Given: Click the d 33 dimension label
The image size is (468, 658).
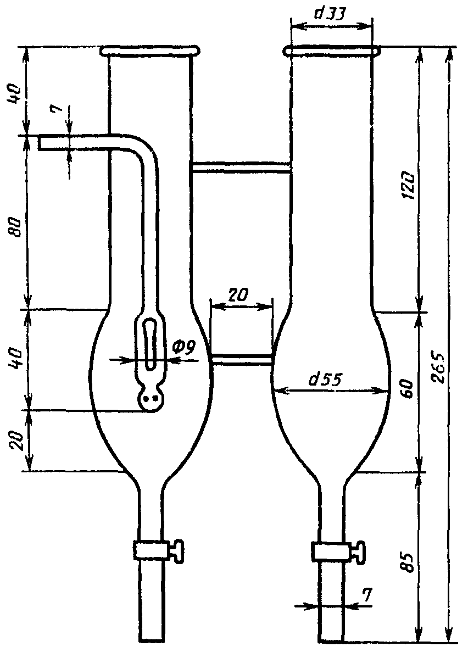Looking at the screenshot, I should click(331, 15).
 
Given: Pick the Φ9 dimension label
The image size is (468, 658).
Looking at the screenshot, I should click(188, 348).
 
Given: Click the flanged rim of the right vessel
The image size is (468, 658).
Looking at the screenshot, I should click(331, 52).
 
